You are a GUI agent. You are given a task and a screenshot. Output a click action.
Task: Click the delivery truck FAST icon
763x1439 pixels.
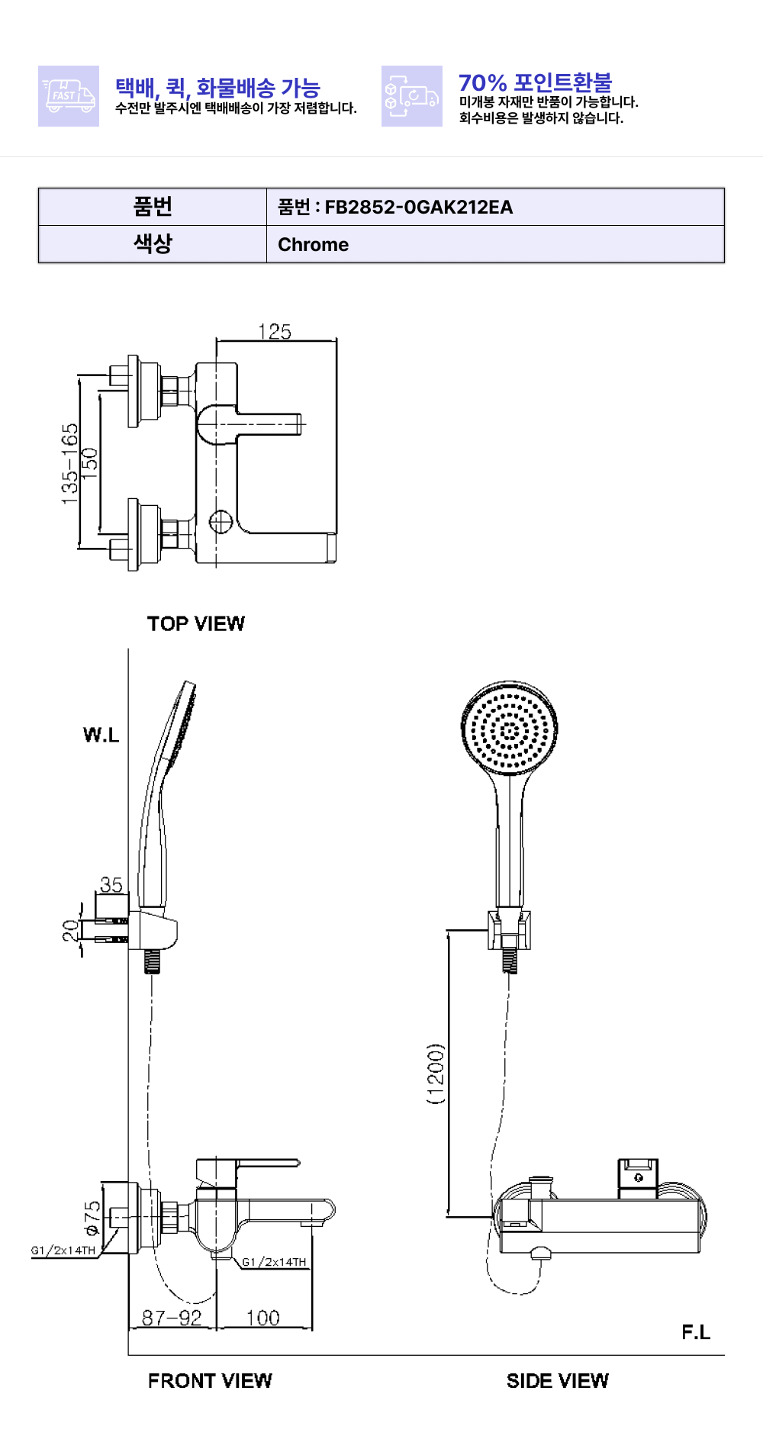point(69,96)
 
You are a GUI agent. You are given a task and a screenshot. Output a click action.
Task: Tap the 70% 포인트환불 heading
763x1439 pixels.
point(535,82)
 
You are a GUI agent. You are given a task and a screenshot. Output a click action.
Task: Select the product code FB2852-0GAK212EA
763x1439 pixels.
point(418,207)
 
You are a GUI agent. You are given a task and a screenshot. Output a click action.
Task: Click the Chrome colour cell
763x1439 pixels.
point(313,245)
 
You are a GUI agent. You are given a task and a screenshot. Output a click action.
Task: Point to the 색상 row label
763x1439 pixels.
point(153,244)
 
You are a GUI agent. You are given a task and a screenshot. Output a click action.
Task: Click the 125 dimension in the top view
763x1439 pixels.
point(275,332)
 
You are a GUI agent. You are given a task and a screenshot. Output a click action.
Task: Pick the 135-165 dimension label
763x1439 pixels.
point(69,463)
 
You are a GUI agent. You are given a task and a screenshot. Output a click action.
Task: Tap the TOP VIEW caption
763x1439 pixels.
point(196,624)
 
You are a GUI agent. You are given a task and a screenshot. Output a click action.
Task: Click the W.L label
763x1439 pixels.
point(101,735)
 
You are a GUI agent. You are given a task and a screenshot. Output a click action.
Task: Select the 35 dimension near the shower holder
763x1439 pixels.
point(111,884)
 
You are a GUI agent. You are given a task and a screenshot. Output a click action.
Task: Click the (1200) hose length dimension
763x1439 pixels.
point(436,1074)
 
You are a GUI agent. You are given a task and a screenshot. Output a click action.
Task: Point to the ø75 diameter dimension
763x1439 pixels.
point(92,1218)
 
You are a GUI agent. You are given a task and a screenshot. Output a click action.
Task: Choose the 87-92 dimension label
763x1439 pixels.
point(172,1318)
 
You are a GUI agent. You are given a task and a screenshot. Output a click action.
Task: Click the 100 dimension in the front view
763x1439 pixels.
point(263,1318)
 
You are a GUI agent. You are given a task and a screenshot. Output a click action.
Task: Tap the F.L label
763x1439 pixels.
point(696,1332)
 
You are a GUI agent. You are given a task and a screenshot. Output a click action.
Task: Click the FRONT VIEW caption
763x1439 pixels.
point(210,1380)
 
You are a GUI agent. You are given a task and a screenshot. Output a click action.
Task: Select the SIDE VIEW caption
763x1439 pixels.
point(558,1380)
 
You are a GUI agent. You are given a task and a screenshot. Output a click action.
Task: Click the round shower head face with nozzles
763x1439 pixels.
point(510,730)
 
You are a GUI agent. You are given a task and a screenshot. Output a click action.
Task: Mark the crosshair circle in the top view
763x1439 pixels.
point(221,522)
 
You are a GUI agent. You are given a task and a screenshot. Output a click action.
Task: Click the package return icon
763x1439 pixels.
point(412,96)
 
